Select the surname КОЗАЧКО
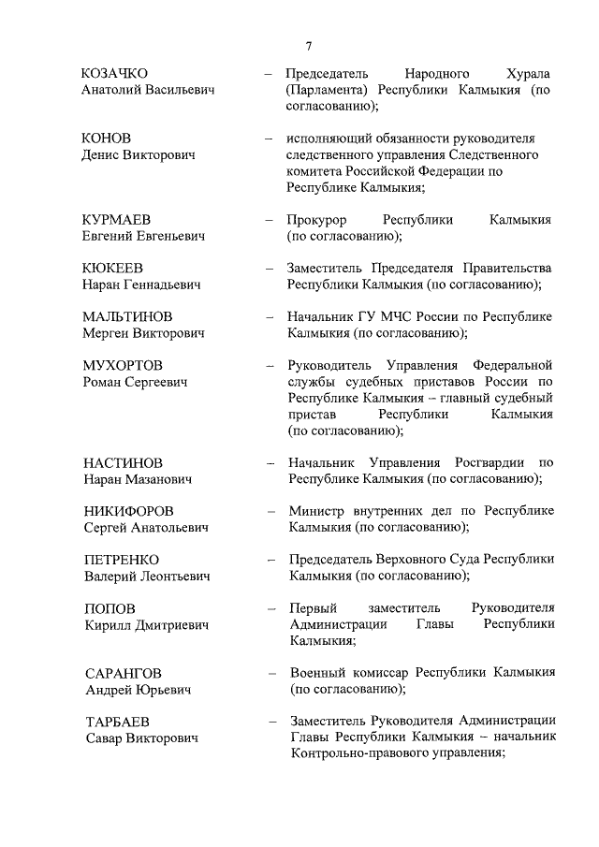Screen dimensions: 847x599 115,73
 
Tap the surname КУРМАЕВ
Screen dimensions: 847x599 116,219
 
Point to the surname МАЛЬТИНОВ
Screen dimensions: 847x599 126,316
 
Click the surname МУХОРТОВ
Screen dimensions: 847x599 122,365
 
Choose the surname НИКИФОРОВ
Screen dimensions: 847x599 128,511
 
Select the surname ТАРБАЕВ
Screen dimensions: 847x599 116,722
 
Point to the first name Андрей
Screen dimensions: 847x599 106,690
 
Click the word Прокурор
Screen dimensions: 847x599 317,219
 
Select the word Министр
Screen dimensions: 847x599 318,511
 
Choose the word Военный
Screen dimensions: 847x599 317,673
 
